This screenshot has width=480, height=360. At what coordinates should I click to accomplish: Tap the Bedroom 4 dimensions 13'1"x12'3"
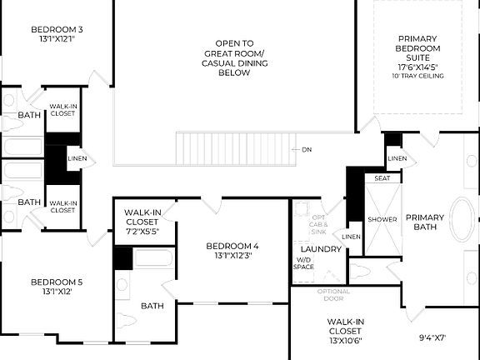click(232, 256)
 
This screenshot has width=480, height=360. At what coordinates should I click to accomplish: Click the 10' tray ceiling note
click(417, 76)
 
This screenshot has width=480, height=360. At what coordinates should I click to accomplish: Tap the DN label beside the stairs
click(307, 149)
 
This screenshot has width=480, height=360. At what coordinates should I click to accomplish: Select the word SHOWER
click(382, 219)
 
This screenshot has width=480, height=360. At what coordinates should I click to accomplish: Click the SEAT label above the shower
click(382, 177)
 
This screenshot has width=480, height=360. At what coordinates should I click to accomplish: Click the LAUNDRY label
click(320, 249)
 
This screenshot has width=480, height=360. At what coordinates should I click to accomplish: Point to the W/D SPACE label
click(304, 263)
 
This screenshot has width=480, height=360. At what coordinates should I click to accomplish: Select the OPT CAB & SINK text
click(320, 224)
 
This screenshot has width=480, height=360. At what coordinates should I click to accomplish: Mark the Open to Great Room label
click(233, 57)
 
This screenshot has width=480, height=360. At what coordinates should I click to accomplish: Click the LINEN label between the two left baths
click(76, 158)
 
